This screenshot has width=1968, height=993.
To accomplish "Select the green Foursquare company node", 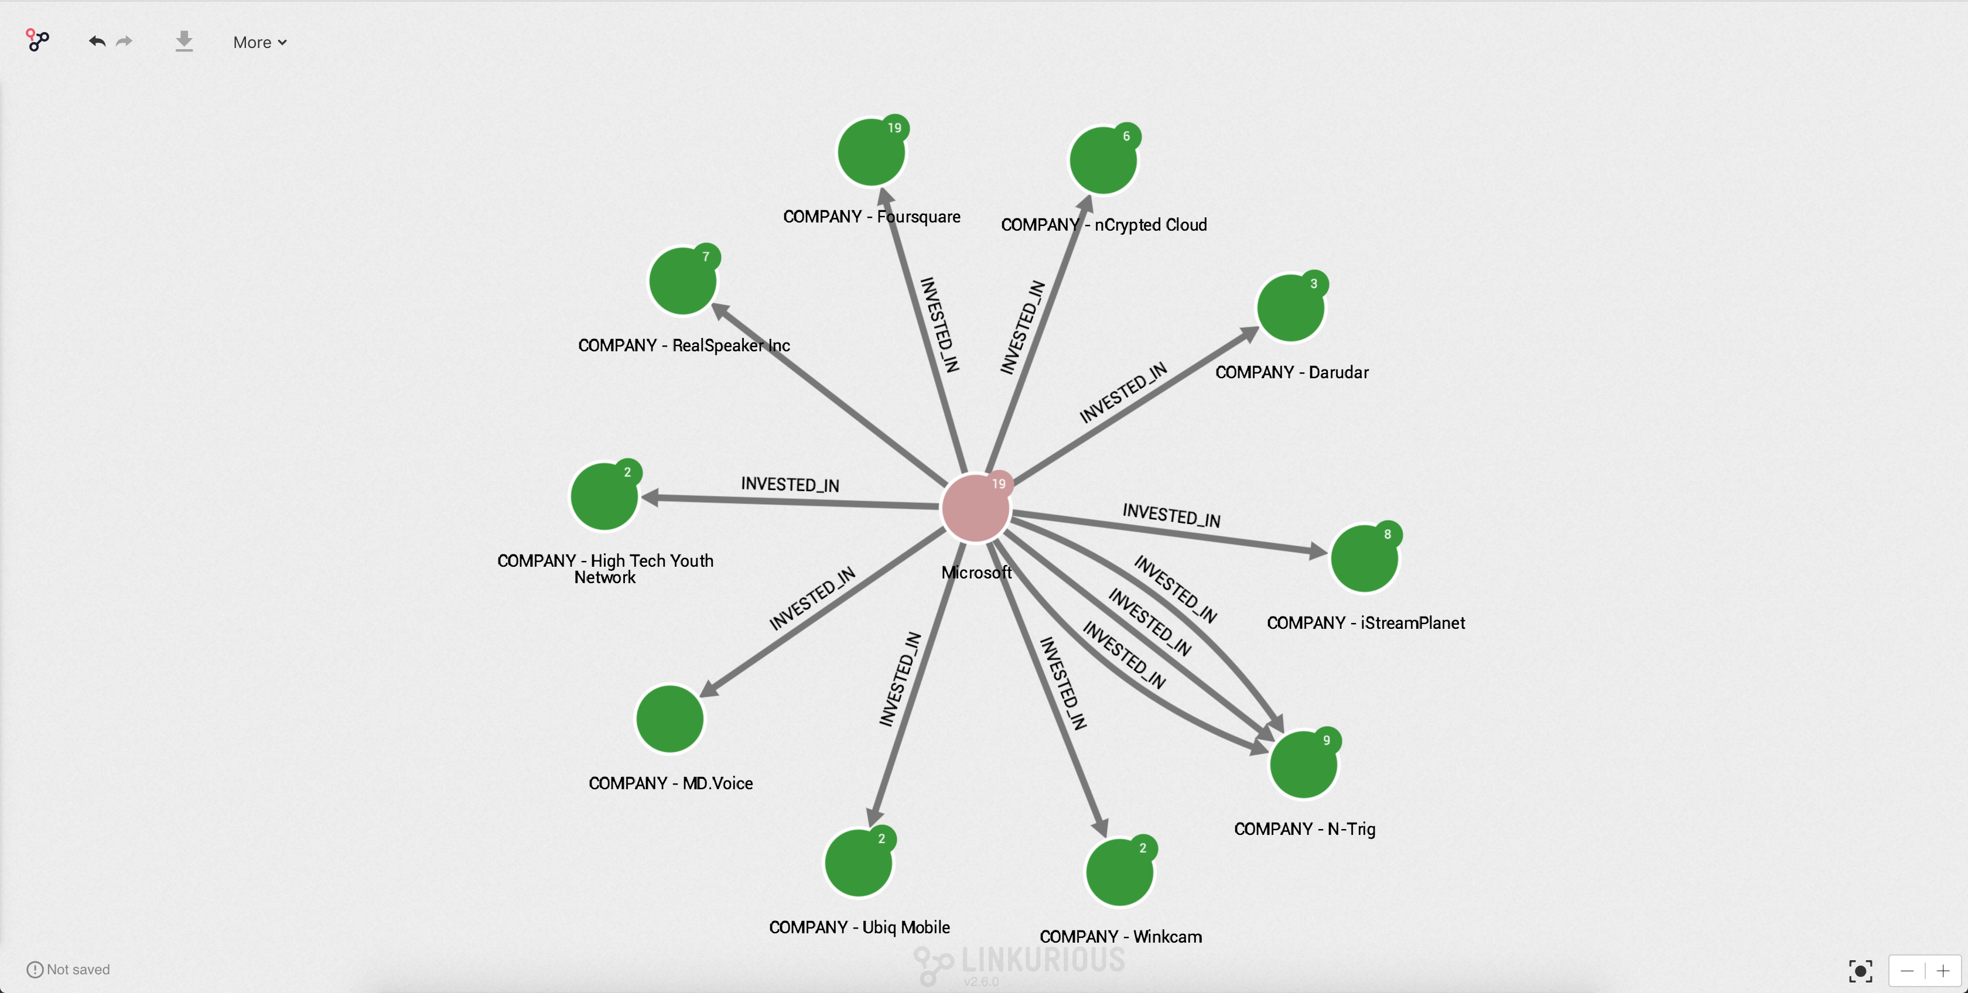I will [870, 152].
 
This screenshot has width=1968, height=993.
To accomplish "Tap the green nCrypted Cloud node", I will [1102, 160].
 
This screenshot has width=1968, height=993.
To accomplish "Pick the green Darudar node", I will [1290, 308].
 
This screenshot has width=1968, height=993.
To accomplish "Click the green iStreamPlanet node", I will [1364, 559].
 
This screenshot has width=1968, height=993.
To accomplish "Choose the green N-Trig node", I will [1303, 765].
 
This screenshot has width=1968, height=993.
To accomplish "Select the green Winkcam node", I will [1119, 872].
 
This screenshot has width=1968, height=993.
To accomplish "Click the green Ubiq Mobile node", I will [858, 863].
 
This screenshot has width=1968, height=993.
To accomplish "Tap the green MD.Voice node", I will [669, 719].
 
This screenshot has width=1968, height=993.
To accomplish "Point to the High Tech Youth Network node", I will [603, 496].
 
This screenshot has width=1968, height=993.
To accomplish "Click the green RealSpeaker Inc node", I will [681, 281].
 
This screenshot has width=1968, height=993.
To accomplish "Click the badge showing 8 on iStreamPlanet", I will [1388, 535].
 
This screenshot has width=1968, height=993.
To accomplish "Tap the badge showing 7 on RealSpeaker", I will [706, 256].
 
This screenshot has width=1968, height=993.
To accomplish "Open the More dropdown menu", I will [259, 43].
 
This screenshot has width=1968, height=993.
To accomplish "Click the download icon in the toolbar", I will [184, 41].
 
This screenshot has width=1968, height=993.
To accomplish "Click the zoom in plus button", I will [1943, 971].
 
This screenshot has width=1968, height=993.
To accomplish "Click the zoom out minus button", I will [1907, 971].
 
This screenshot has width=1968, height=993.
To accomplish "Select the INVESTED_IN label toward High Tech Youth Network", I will [790, 485].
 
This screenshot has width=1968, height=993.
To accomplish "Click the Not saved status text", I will [78, 970].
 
